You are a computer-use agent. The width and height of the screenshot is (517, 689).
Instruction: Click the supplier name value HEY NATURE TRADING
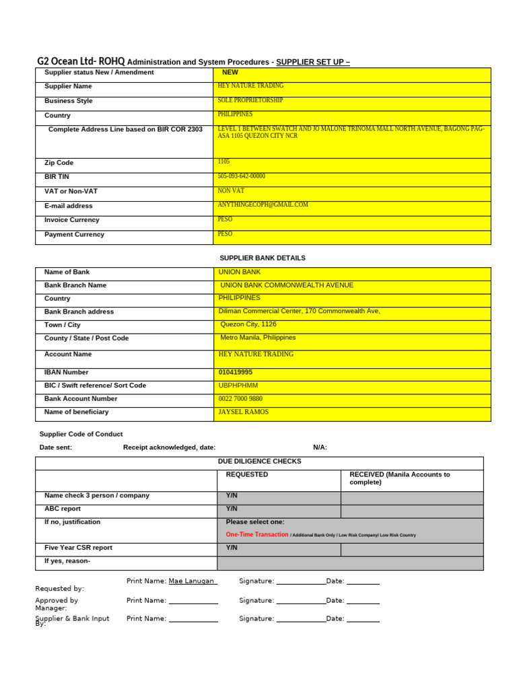250,86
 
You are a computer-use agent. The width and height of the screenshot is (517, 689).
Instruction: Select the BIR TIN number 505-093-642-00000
242,176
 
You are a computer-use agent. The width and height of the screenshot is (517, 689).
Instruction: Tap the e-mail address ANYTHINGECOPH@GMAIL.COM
263,205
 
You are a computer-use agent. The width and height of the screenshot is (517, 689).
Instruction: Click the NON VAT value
232,191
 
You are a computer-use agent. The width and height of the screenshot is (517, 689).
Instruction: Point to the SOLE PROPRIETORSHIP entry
250,100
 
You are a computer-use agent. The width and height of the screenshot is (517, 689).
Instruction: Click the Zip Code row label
59,163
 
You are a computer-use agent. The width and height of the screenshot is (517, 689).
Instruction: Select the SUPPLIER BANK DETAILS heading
263,258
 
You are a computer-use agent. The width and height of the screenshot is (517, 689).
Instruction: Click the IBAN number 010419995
236,372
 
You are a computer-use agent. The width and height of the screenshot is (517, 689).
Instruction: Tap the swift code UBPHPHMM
238,386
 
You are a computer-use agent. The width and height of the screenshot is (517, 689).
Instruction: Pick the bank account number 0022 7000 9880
240,399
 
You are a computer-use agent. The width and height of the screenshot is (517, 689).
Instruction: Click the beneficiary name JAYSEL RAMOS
244,412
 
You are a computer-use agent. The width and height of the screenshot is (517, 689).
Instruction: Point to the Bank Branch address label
79,312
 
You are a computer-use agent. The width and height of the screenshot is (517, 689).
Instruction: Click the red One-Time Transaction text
257,534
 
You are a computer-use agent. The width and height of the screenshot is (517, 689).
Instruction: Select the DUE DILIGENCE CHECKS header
260,462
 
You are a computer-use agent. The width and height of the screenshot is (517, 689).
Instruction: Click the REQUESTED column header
247,474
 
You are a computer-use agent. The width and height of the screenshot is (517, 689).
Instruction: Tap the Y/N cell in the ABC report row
232,509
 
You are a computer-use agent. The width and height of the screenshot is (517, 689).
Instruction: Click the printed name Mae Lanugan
191,581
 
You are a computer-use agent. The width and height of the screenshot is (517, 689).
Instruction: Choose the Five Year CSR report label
78,548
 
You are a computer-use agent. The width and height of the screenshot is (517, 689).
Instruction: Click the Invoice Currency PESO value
226,219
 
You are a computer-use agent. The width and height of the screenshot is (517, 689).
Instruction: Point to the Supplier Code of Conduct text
81,434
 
